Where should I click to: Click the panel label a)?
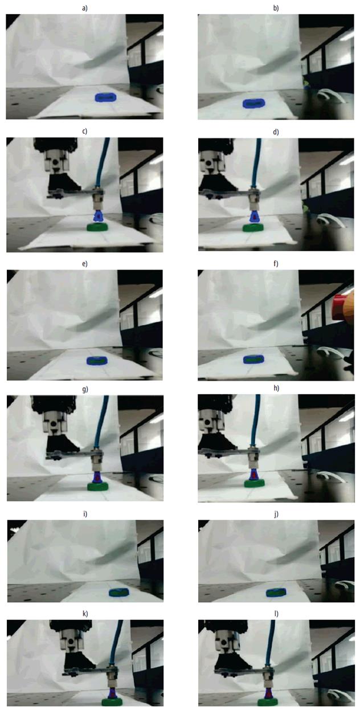point(85,8)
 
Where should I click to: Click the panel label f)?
point(276,264)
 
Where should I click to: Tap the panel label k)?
point(85,614)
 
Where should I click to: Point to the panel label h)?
point(276,389)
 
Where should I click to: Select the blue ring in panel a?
point(105,97)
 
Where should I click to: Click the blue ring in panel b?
point(253,103)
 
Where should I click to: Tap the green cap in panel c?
point(97,227)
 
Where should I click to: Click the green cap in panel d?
point(253,227)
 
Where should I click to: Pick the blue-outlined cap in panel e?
point(97,361)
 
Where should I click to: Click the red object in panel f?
point(338,303)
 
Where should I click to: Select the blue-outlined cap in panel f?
point(253,360)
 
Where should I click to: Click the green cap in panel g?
point(98,487)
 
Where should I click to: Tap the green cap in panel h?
point(254,483)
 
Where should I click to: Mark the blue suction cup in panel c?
point(98,216)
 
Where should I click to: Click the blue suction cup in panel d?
point(254,217)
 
